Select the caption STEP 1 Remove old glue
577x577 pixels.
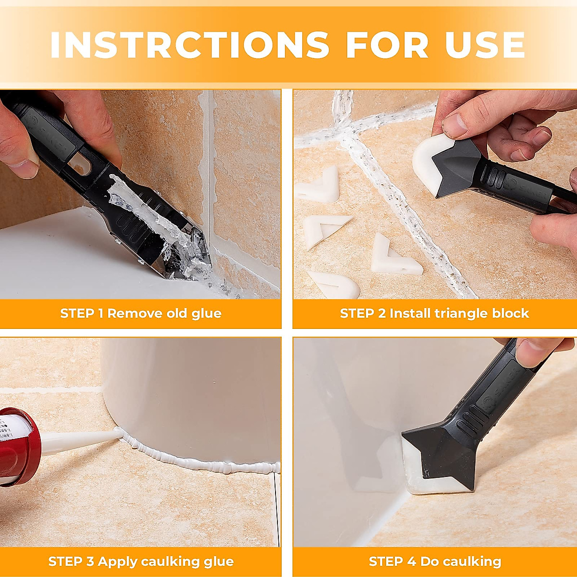140,314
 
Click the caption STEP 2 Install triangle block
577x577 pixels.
434,314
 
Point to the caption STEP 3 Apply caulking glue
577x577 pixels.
140,561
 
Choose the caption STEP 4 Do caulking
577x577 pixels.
435,561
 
